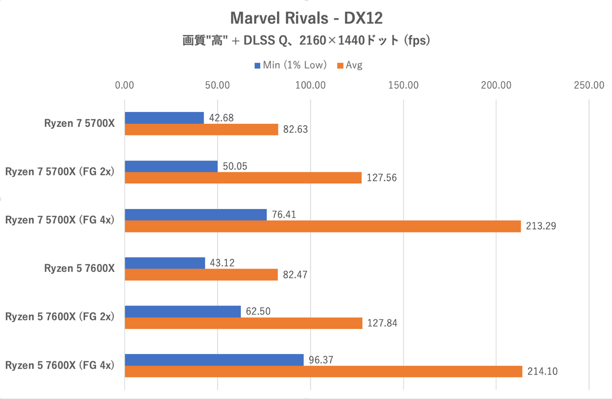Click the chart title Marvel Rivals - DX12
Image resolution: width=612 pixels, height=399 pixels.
[x=306, y=18]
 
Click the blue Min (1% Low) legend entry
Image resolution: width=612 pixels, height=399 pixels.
[x=290, y=65]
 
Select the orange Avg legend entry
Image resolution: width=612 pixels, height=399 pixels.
[x=350, y=65]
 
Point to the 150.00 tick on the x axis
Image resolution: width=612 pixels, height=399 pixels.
[x=403, y=85]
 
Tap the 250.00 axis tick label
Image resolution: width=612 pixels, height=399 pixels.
[x=589, y=85]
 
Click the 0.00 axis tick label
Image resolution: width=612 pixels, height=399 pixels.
[x=125, y=85]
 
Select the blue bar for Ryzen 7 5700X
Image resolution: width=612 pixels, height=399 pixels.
[x=164, y=118]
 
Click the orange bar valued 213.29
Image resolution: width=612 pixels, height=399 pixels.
[x=323, y=226]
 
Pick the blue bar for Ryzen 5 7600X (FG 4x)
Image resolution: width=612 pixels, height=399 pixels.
[x=214, y=360]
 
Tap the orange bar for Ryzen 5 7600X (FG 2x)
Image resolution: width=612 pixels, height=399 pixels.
[x=243, y=323]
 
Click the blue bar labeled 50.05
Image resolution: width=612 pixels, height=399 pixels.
[x=171, y=166]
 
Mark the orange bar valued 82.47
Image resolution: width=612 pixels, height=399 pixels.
[x=201, y=275]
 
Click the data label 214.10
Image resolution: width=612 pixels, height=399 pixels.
[x=542, y=372]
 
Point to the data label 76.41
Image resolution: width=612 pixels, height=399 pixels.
[x=284, y=215]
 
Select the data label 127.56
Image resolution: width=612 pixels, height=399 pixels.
[x=382, y=178]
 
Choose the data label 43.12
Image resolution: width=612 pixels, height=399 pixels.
[x=222, y=263]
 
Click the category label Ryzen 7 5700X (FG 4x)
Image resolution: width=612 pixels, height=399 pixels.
[x=60, y=220]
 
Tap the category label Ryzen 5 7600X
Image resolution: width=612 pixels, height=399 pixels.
[x=79, y=268]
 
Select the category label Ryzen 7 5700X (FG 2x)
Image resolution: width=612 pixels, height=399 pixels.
[x=60, y=172]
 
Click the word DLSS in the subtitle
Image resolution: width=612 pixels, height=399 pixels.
[x=259, y=41]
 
